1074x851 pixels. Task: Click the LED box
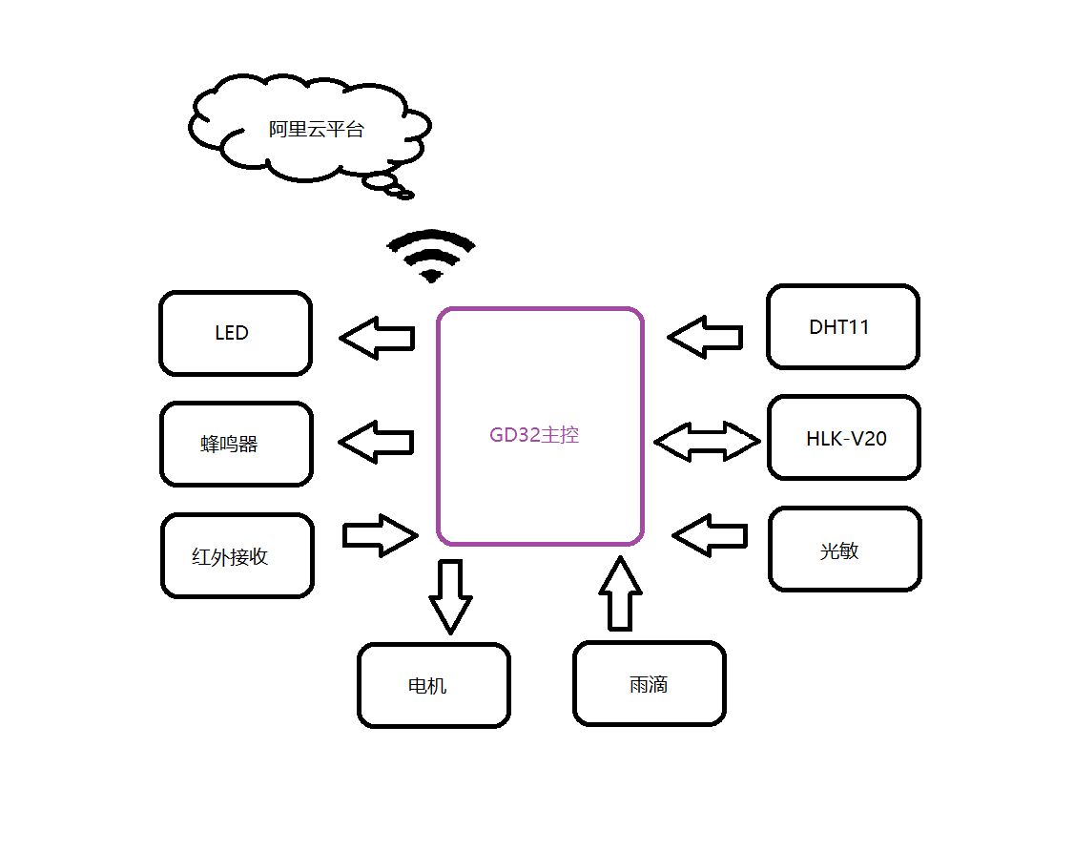tap(236, 333)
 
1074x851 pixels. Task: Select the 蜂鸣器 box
tap(236, 444)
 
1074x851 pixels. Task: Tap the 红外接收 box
tap(238, 555)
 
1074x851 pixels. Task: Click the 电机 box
tap(434, 685)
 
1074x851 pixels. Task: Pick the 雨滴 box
tap(650, 683)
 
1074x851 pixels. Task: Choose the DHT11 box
tap(843, 326)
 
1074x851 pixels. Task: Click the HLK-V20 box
tap(844, 438)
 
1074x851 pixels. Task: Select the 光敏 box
tap(845, 549)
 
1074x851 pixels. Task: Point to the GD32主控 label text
tap(534, 435)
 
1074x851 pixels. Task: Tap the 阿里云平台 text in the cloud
tap(316, 130)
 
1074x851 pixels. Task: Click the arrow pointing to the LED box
tap(378, 338)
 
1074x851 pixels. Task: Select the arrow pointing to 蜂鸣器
tap(377, 442)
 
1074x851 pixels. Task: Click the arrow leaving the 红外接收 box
tap(380, 535)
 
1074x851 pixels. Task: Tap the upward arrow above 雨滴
tap(620, 594)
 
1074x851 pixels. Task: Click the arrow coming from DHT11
tap(706, 337)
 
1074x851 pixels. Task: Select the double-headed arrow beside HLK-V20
tap(707, 441)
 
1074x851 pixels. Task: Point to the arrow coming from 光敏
tap(710, 535)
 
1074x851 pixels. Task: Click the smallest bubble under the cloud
tap(405, 196)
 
